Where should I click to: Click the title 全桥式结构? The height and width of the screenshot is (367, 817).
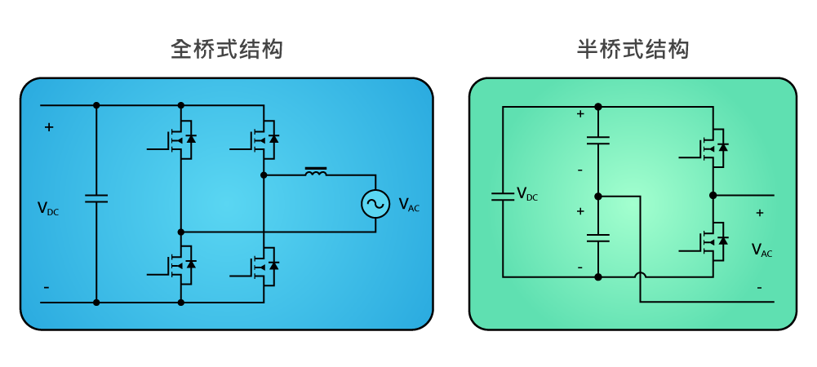227,50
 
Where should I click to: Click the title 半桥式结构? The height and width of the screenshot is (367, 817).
633,50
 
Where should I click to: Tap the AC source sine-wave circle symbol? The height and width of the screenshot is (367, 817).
375,204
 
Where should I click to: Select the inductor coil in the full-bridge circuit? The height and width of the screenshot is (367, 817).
316,172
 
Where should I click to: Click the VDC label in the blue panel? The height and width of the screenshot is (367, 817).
47,209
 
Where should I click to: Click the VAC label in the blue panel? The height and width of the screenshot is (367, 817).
408,205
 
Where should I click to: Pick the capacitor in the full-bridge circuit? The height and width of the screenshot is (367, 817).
96,198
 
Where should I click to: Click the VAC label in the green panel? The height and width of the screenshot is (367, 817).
761,250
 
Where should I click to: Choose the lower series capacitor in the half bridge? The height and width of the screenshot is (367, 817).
598,237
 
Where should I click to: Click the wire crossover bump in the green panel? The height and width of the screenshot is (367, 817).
640,276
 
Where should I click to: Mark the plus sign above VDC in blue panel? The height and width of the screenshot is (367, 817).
49,127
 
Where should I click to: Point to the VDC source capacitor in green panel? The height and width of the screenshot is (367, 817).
503,196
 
